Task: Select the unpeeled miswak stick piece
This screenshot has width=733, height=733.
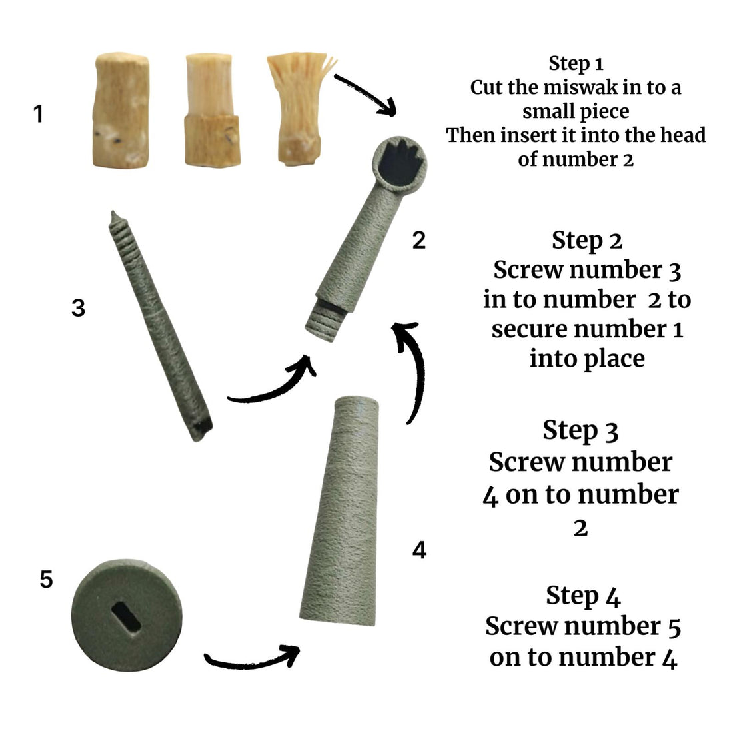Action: pos(121,111)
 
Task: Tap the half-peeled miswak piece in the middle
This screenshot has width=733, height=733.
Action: pos(212,110)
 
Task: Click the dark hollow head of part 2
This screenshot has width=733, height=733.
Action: pos(400,163)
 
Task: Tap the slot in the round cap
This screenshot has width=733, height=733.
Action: pos(126,617)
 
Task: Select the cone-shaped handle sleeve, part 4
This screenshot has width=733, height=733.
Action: pos(339,511)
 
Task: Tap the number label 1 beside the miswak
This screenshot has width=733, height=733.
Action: pos(39,113)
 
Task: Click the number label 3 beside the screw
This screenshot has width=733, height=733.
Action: pos(78,308)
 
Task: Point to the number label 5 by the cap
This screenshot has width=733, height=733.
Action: pos(46,579)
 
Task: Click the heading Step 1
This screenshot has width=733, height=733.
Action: pos(576,63)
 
